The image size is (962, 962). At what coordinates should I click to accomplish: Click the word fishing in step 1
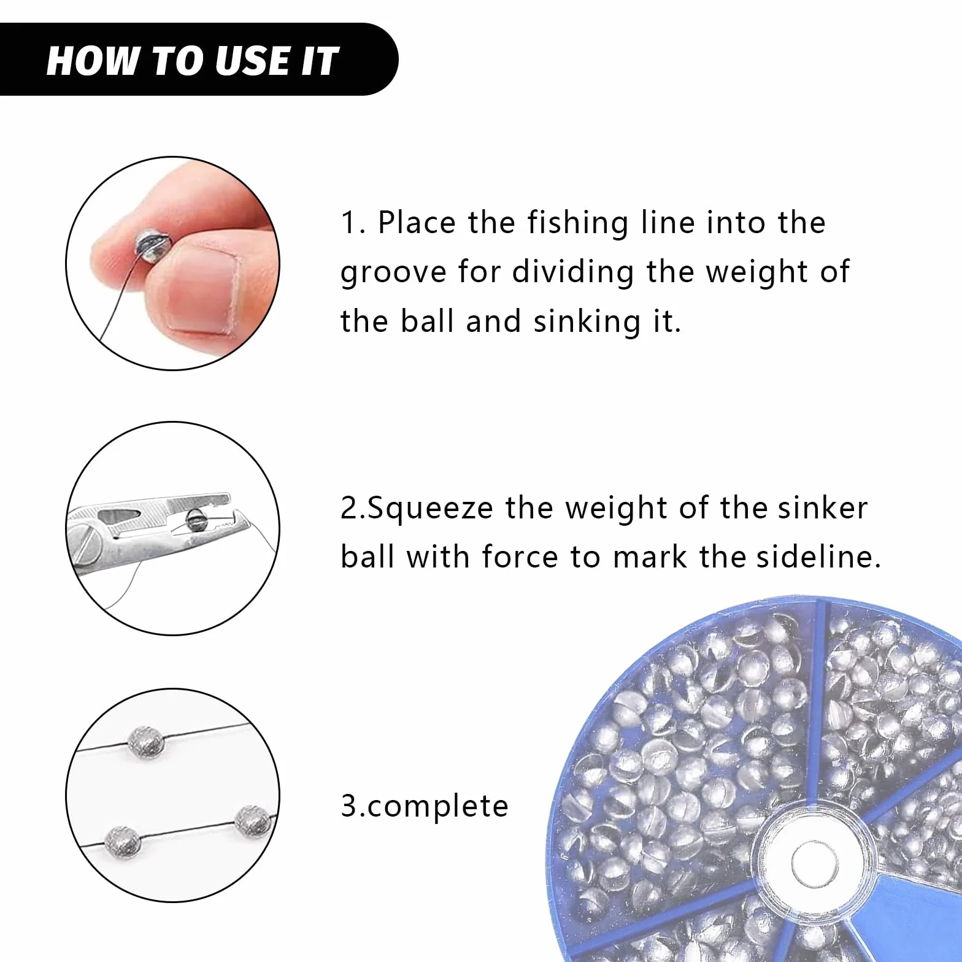pos(578,224)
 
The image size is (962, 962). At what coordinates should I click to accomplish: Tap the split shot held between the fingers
pos(148,245)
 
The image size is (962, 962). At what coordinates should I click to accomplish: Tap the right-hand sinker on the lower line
pos(253,821)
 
